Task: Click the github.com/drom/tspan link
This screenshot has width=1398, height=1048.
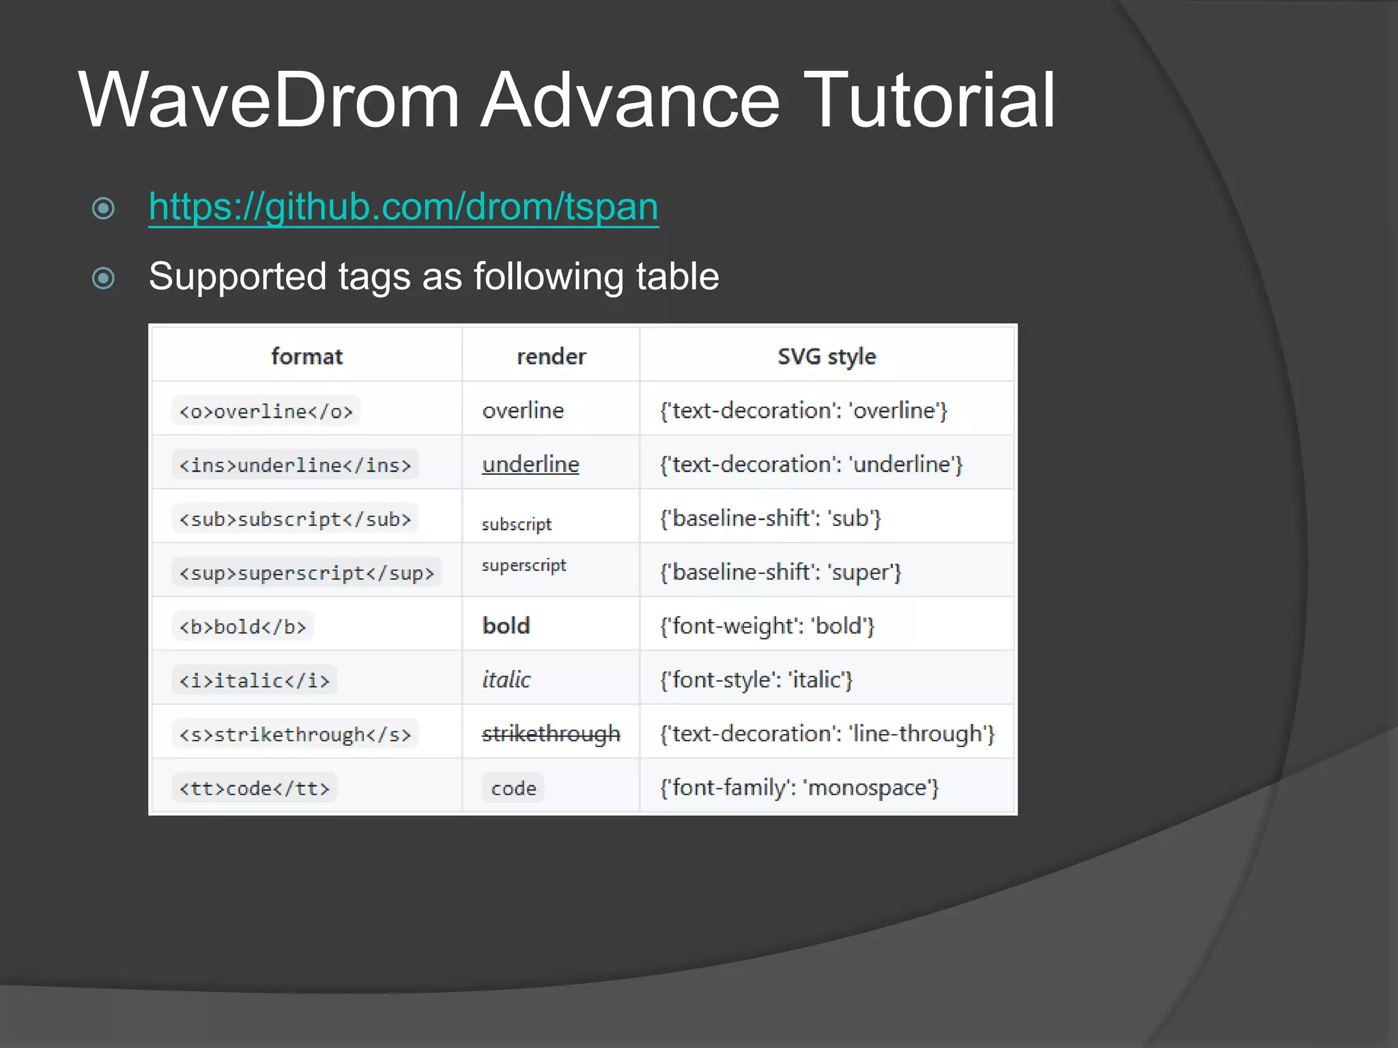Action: pyautogui.click(x=403, y=207)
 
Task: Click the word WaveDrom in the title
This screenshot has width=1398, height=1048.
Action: pyautogui.click(x=269, y=100)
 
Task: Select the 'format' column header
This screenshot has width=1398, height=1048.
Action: pyautogui.click(x=306, y=356)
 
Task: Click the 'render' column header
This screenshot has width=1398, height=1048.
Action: pyautogui.click(x=551, y=356)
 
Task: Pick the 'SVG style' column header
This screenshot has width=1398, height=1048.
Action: pyautogui.click(x=827, y=356)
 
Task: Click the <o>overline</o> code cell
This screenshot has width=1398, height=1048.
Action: pyautogui.click(x=266, y=411)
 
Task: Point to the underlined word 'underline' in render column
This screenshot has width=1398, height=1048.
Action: pyautogui.click(x=530, y=465)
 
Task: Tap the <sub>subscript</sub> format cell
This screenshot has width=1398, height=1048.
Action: pyautogui.click(x=295, y=519)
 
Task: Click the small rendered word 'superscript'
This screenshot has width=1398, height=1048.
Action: pyautogui.click(x=524, y=566)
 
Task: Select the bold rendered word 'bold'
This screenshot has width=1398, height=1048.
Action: pyautogui.click(x=506, y=626)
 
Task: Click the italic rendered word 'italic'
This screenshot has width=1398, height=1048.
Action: pyautogui.click(x=506, y=680)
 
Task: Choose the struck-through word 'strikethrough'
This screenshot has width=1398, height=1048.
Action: pyautogui.click(x=551, y=733)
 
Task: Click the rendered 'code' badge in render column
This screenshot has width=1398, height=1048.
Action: pyautogui.click(x=513, y=788)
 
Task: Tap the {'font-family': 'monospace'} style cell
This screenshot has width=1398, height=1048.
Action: pyautogui.click(x=799, y=788)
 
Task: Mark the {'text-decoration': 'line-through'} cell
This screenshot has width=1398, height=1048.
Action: pyautogui.click(x=827, y=733)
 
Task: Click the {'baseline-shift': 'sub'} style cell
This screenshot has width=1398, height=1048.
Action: pyautogui.click(x=770, y=519)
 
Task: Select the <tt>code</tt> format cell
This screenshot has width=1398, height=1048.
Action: pyautogui.click(x=254, y=789)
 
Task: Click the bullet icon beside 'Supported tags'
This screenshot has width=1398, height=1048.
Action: pyautogui.click(x=103, y=278)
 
